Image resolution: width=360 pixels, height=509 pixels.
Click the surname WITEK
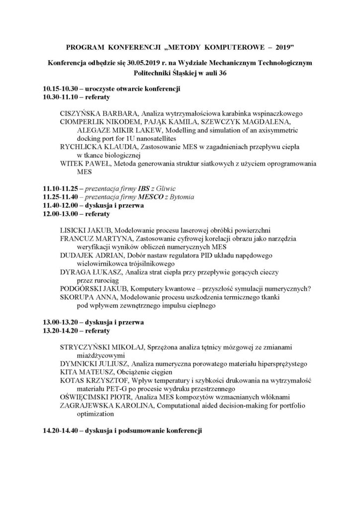(x=72, y=164)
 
